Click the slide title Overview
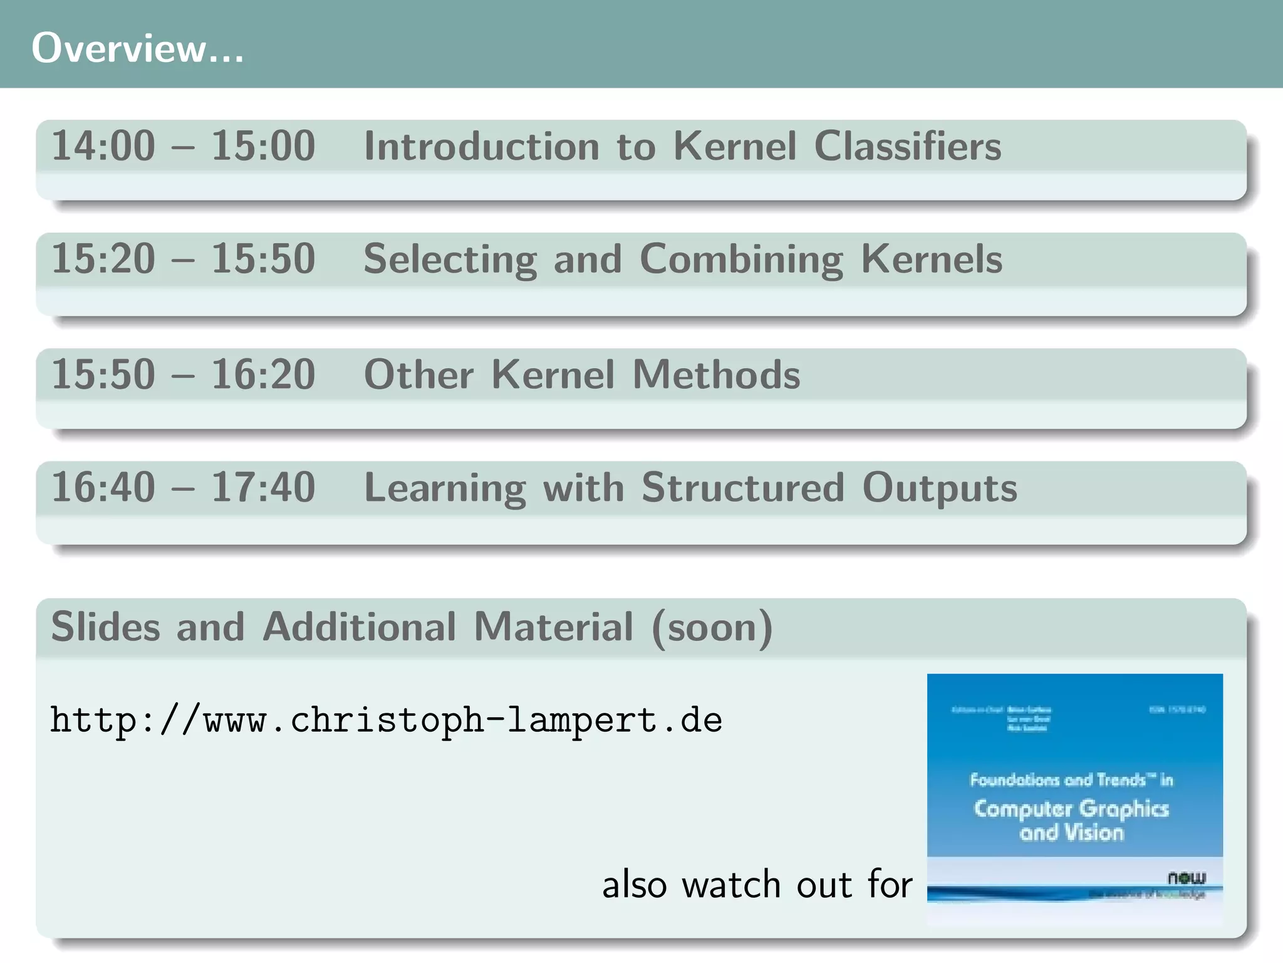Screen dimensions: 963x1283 click(x=137, y=48)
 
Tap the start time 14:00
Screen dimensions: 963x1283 click(x=103, y=146)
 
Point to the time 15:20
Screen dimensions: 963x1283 click(x=103, y=259)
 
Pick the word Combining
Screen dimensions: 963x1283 click(x=741, y=259)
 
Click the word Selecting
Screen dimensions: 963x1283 click(x=450, y=259)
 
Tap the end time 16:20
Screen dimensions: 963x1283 click(x=263, y=374)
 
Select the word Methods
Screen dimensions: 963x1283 click(x=716, y=374)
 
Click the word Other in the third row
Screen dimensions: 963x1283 click(x=418, y=374)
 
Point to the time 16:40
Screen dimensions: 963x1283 click(x=103, y=487)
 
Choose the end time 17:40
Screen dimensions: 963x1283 click(x=263, y=487)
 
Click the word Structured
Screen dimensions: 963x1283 click(x=742, y=487)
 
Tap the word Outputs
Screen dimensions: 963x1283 click(x=939, y=487)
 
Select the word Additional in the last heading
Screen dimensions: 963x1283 click(x=359, y=626)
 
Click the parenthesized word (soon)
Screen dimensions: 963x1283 click(x=712, y=626)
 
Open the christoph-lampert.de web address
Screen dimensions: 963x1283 click(x=386, y=720)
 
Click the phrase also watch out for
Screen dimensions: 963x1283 click(x=757, y=885)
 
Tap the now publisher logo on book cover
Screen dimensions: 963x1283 click(x=1186, y=877)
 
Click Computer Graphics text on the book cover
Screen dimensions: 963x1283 click(x=1071, y=809)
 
